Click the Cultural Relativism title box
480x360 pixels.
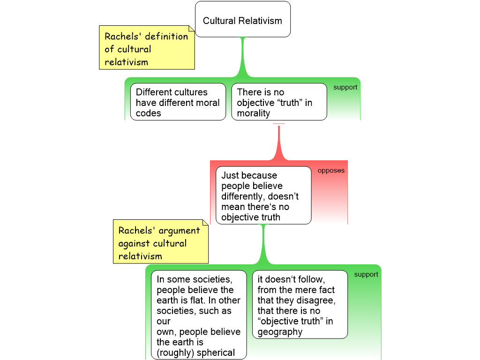tap(242, 20)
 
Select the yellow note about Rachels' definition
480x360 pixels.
tap(147, 49)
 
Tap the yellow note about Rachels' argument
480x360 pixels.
tap(161, 243)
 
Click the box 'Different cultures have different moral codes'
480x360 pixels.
tap(178, 102)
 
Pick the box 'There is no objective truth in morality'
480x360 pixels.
tap(279, 102)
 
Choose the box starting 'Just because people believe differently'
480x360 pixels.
tap(263, 195)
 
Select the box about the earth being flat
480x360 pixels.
tap(198, 315)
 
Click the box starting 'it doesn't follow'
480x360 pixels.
tap(300, 305)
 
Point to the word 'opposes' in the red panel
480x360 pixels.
tap(331, 171)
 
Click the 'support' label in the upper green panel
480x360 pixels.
tap(345, 87)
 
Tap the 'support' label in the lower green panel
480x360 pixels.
tap(366, 274)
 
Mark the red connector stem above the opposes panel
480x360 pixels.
tap(279, 141)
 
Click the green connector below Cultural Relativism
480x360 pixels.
tap(243, 56)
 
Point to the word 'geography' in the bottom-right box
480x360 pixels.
tap(280, 332)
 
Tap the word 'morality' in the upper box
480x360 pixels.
tap(253, 113)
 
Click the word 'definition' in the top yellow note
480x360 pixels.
tap(166, 37)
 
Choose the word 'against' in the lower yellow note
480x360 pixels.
tap(134, 243)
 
